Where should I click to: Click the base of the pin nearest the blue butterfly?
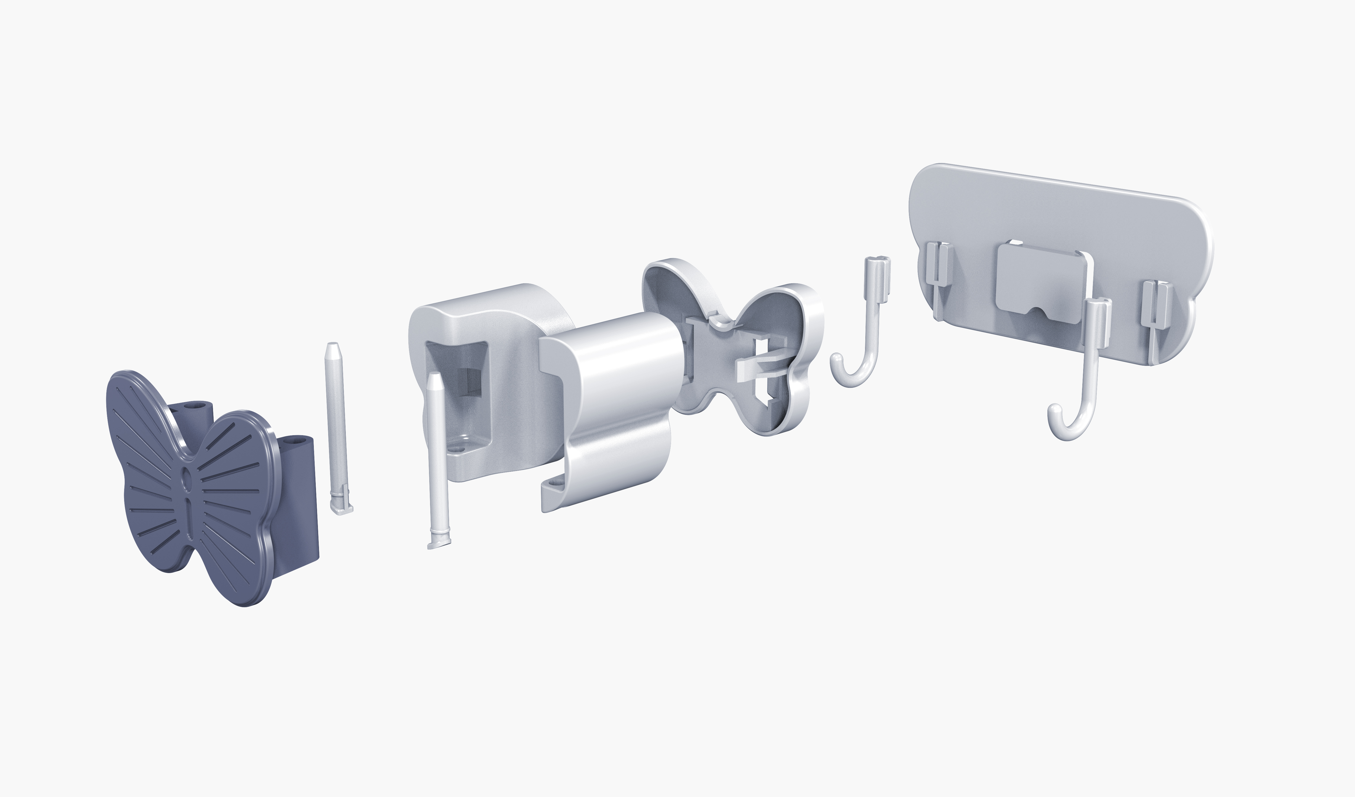pyautogui.click(x=341, y=508)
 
